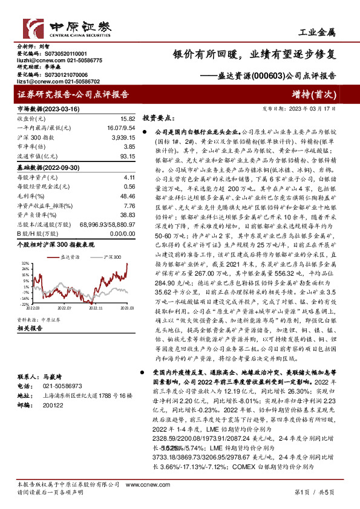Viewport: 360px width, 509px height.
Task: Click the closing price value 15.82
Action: (x=126, y=120)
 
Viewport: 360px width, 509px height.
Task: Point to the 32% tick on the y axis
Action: (x=25, y=264)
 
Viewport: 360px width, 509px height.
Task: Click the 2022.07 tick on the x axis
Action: (x=64, y=308)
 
